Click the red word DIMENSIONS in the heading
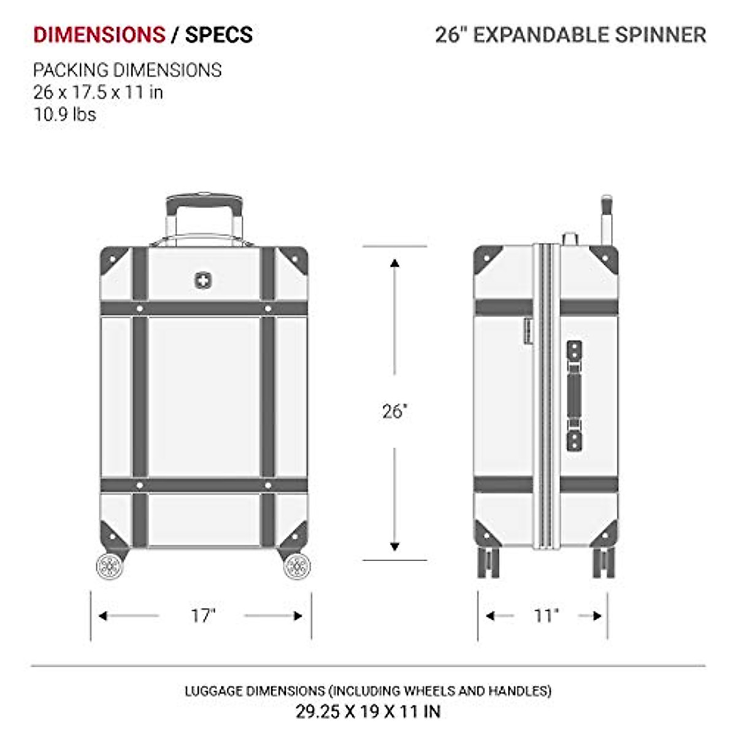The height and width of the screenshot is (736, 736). (x=99, y=35)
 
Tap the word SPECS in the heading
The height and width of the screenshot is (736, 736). (x=219, y=35)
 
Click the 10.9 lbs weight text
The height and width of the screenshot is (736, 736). (x=64, y=114)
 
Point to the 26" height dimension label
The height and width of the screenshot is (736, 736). (x=395, y=411)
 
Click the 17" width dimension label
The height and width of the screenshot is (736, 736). (x=203, y=615)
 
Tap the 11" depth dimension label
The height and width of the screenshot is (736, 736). (x=546, y=615)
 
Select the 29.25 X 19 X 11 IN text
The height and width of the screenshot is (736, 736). (x=368, y=711)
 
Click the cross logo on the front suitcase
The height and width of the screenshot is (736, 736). (x=201, y=280)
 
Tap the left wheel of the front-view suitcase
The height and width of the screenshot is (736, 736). (x=110, y=565)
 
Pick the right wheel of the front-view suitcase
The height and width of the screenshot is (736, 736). (x=297, y=565)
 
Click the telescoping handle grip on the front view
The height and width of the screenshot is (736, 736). (x=204, y=202)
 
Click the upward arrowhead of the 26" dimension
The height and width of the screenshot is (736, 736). (x=395, y=264)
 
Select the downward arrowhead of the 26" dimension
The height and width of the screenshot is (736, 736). (x=395, y=545)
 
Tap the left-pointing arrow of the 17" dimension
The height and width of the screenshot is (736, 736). (x=103, y=615)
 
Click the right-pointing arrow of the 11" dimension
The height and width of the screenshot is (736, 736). (x=598, y=615)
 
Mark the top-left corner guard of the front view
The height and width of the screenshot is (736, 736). (x=113, y=259)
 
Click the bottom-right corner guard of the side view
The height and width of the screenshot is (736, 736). (x=606, y=531)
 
